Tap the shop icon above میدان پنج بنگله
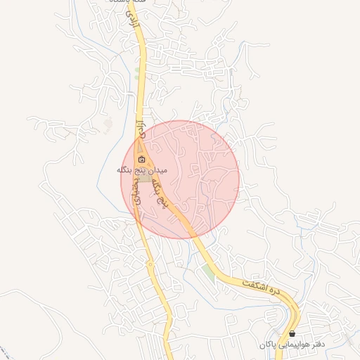pos(141,160)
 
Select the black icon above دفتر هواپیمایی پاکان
pos(292,333)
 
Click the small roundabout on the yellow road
pos(150,264)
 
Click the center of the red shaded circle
pos(180,179)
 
